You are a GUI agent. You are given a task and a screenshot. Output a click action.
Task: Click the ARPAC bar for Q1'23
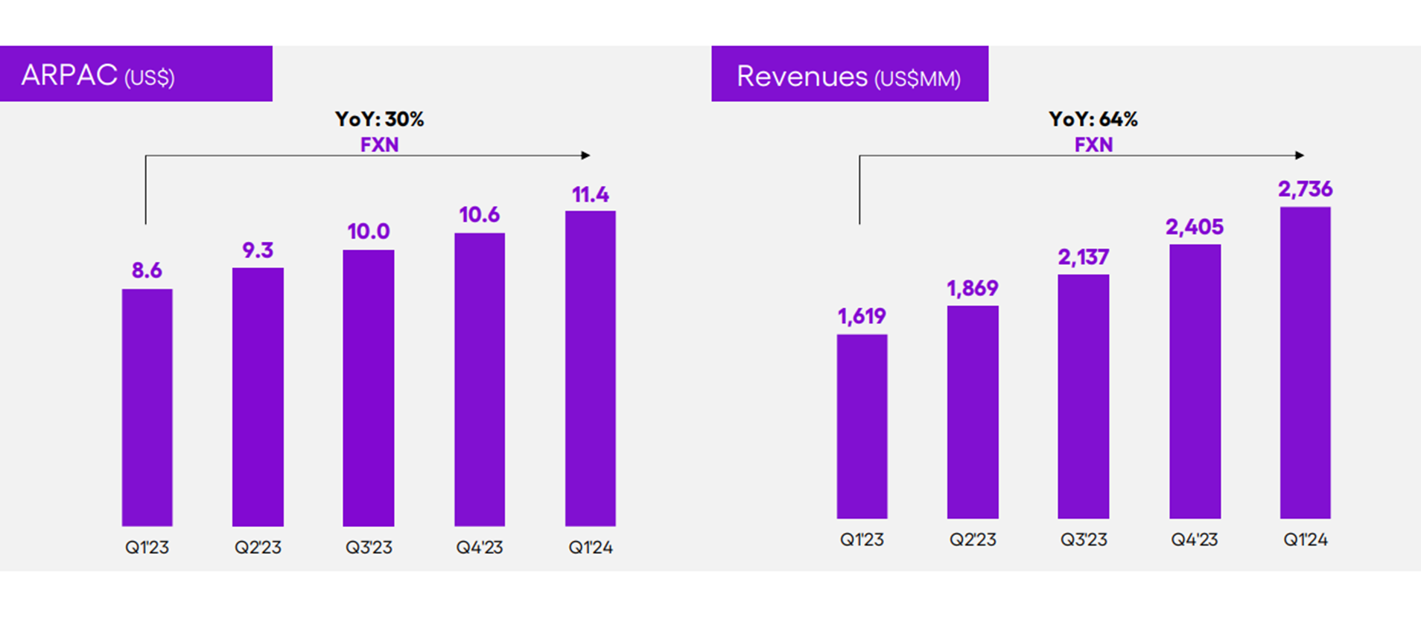click(x=147, y=407)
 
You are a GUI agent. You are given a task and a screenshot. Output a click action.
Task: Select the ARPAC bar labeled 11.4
click(x=590, y=368)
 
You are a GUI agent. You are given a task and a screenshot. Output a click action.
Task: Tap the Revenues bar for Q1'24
click(x=1305, y=362)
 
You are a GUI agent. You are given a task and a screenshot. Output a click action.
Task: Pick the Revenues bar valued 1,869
click(x=973, y=412)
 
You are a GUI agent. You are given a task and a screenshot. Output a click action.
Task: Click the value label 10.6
click(x=479, y=215)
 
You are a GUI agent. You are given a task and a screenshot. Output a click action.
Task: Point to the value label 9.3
click(x=258, y=250)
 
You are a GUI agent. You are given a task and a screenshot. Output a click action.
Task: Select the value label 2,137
click(x=1084, y=258)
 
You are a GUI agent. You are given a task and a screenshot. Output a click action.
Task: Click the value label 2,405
click(x=1194, y=227)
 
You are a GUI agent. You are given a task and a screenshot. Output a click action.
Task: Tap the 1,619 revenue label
click(x=862, y=316)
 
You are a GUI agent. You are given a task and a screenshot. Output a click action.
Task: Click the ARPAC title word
click(x=69, y=75)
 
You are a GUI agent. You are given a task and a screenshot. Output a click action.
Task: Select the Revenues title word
click(x=802, y=77)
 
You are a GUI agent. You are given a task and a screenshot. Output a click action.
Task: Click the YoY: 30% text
click(x=379, y=119)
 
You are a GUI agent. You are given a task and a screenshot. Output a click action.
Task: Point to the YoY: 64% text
click(x=1093, y=119)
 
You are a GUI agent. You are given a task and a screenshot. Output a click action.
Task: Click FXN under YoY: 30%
click(x=379, y=144)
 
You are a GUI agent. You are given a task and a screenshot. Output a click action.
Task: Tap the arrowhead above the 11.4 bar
click(x=586, y=156)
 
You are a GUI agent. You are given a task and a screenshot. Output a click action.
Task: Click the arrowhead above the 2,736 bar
click(x=1300, y=156)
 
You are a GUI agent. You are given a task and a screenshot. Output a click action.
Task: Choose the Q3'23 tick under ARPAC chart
click(x=369, y=548)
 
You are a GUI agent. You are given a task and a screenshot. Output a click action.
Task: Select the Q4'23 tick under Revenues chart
click(x=1194, y=540)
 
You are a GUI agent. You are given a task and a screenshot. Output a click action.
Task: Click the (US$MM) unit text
click(x=917, y=79)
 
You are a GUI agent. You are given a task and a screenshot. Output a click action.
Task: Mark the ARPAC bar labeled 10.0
click(x=369, y=388)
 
